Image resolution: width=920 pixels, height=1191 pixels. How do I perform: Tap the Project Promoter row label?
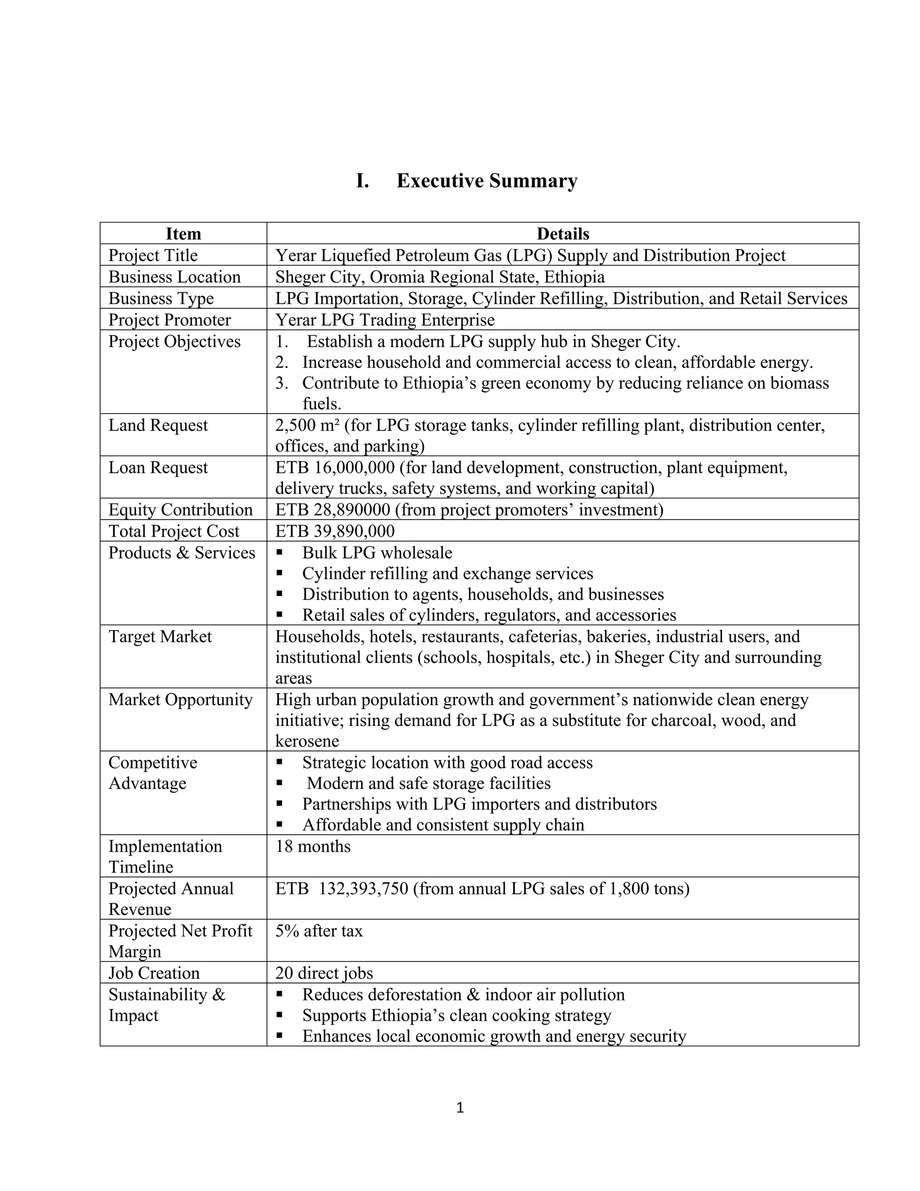click(x=169, y=320)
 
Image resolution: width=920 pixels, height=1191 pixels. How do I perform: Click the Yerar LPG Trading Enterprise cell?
click(x=385, y=320)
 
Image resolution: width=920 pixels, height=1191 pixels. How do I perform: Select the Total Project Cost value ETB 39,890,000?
click(x=335, y=531)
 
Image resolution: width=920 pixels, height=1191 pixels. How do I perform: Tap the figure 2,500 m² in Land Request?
click(x=307, y=425)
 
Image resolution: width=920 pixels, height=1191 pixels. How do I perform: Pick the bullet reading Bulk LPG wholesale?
click(x=377, y=553)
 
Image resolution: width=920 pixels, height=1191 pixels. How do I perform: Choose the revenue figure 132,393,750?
click(x=363, y=889)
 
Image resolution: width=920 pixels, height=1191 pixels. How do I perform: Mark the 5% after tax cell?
click(x=319, y=931)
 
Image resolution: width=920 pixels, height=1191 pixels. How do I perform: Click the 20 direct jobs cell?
click(x=324, y=973)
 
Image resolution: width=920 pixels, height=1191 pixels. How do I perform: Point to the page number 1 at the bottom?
click(x=460, y=1107)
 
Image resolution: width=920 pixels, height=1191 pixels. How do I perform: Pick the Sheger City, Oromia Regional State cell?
click(x=439, y=277)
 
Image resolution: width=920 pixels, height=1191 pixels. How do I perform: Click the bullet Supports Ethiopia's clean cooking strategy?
click(x=457, y=1015)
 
